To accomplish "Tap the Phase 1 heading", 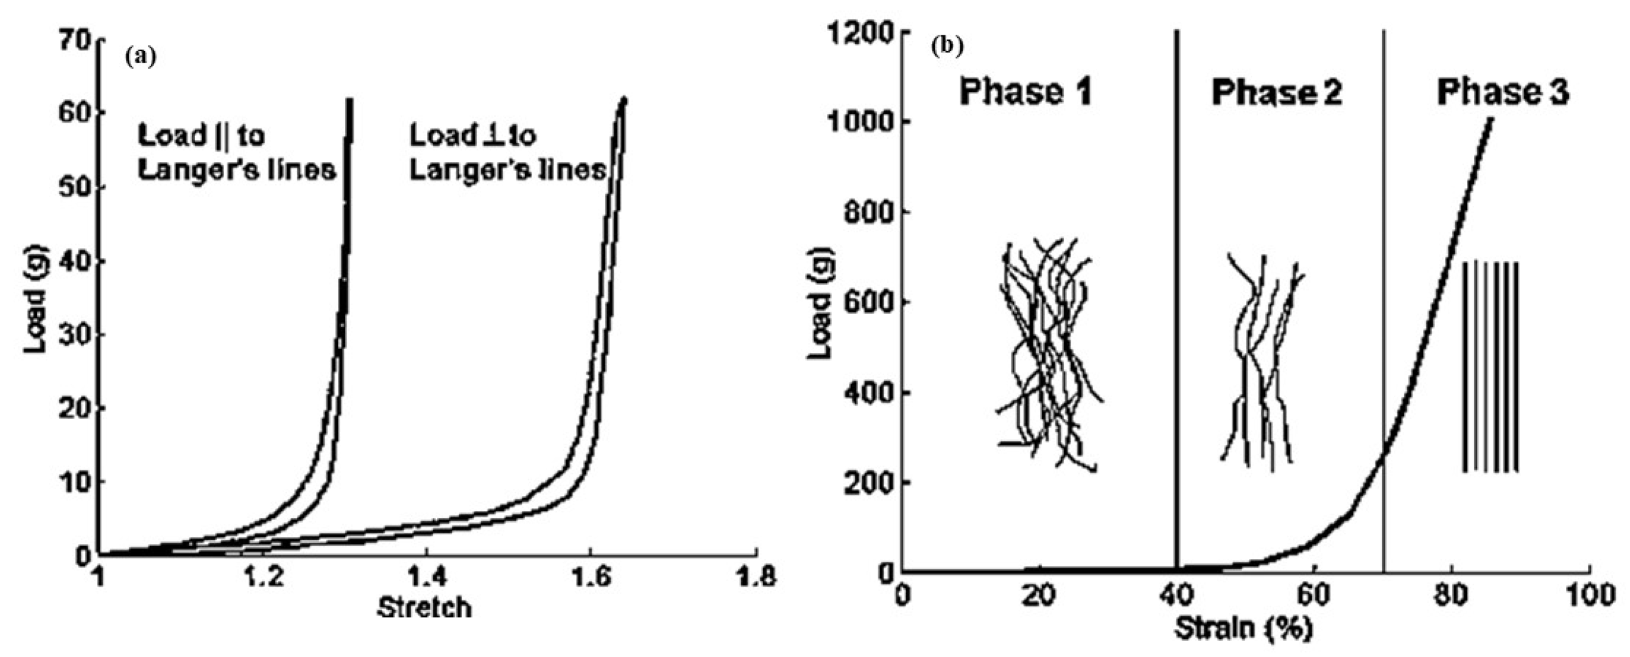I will [x=1026, y=93].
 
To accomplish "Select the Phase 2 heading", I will [x=1276, y=93].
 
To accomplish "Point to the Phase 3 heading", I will [x=1503, y=93].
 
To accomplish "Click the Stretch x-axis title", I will [x=424, y=608].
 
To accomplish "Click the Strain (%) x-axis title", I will [x=1244, y=628].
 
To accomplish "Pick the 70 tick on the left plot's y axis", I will [x=75, y=39].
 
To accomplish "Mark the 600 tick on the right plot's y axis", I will [x=868, y=302].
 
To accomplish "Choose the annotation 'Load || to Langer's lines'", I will [x=236, y=153].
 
